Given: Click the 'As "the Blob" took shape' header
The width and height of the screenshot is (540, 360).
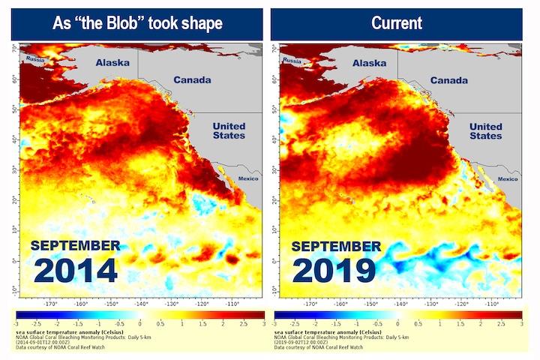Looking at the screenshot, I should [x=139, y=22].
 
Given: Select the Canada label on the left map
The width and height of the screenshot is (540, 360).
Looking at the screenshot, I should [x=192, y=79].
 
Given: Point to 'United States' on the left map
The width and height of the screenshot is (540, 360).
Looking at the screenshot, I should [x=229, y=130].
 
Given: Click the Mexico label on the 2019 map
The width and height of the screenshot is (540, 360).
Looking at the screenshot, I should [x=508, y=178].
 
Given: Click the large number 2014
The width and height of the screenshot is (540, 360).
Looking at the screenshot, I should [x=75, y=270].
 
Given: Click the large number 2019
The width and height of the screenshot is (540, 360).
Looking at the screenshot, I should [x=333, y=270].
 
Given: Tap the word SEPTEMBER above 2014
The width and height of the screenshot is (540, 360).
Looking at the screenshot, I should [x=75, y=246].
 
